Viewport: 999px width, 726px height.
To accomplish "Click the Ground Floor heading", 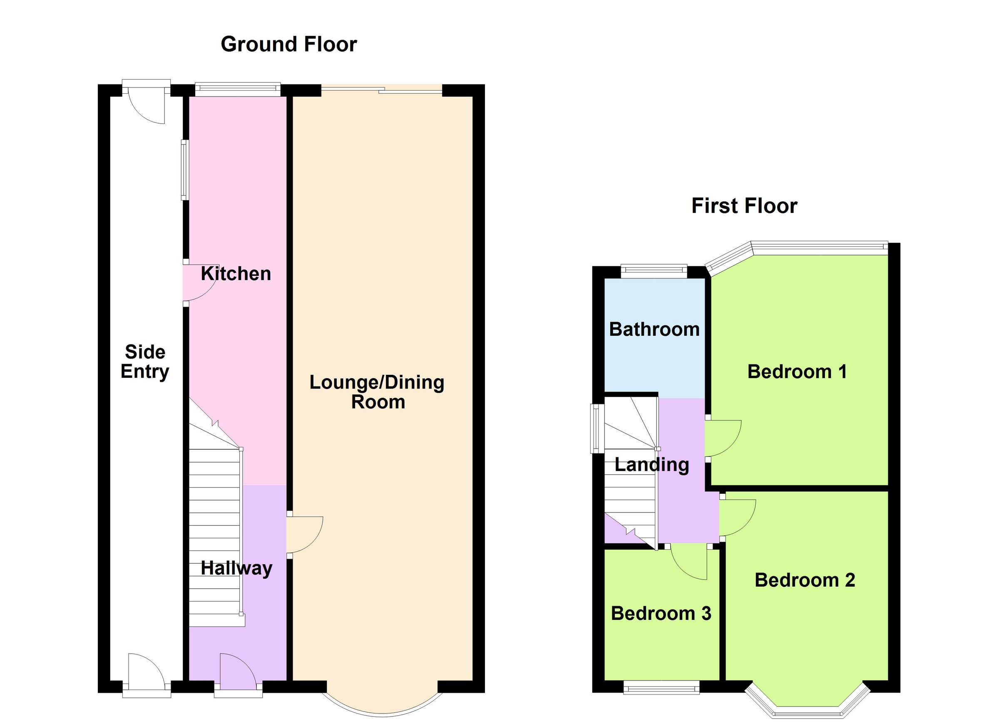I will tap(288, 45).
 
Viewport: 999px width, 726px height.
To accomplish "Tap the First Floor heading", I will tap(744, 206).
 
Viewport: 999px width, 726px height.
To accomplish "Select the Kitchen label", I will tap(236, 274).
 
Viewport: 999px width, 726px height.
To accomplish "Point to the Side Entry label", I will tap(145, 362).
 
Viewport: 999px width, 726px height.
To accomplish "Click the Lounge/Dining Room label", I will tap(377, 392).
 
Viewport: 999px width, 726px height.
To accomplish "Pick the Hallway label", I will tap(236, 568).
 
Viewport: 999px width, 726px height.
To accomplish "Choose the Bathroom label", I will tap(654, 330).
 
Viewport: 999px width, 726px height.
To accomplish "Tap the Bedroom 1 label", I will tap(797, 372).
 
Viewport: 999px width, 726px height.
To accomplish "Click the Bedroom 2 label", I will tap(805, 580).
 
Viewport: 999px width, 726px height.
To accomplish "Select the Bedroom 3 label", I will tap(661, 613).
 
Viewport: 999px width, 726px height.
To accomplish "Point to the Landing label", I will tap(651, 464).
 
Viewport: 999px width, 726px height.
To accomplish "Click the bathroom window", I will tap(654, 270).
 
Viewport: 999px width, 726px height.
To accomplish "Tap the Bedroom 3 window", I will tap(661, 687).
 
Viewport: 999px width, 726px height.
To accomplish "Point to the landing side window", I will tap(597, 429).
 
